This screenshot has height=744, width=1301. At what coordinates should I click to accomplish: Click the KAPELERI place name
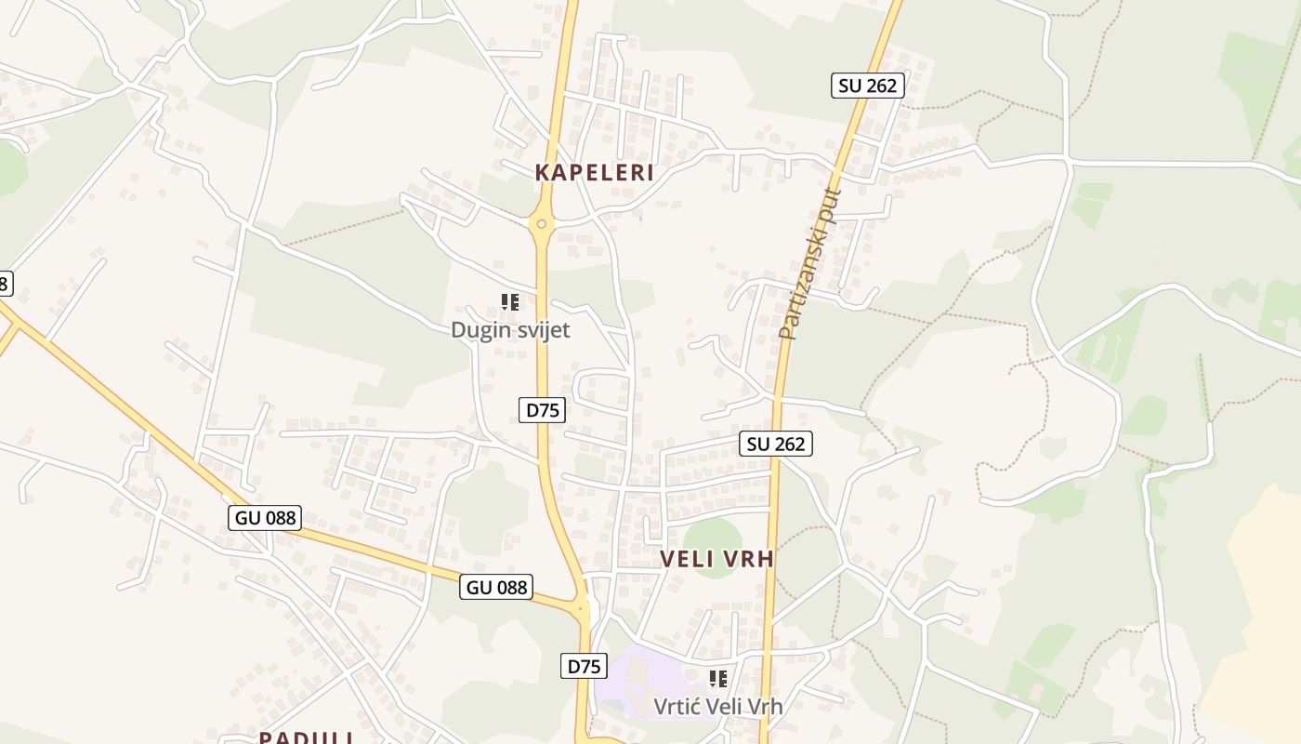pos(595,173)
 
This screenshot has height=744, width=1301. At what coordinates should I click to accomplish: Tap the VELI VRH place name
pos(716,559)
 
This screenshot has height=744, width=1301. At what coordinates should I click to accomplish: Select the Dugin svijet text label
pos(510,330)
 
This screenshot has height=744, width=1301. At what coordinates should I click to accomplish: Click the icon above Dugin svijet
pos(509,301)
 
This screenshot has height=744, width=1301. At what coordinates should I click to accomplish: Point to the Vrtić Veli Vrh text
pos(717,707)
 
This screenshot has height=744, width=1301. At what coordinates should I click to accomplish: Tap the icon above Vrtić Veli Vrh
pos(717,679)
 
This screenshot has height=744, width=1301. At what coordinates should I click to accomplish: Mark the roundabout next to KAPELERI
pos(541,223)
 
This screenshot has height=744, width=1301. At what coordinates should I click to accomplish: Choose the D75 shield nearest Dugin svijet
pos(542,409)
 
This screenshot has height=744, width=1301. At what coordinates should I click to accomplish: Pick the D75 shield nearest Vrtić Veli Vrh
pos(585,666)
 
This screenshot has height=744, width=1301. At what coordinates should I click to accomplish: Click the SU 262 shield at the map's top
pos(867,86)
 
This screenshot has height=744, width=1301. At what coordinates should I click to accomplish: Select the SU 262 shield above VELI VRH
pos(776,444)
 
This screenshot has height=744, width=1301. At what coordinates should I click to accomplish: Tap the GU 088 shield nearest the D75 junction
pos(496,587)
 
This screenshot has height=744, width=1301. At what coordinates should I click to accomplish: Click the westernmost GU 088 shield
pos(265,518)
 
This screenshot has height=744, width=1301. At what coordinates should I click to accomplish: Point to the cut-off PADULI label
pos(306,737)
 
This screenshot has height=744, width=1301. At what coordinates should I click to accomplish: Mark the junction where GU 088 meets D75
pos(583,609)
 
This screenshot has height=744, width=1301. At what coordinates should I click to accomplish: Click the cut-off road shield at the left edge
pos(6,283)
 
